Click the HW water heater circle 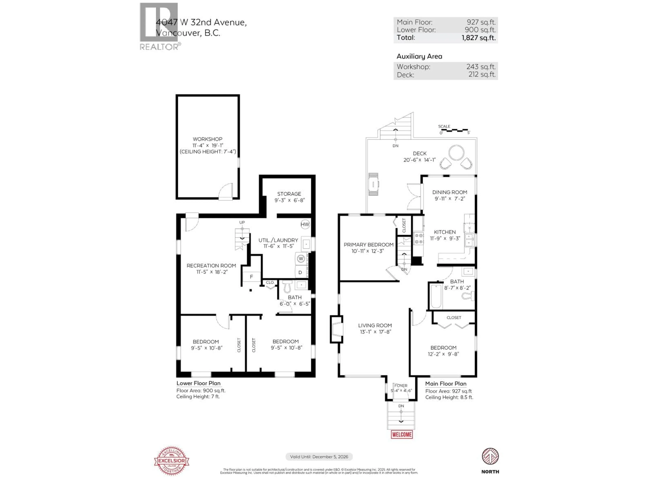pyautogui.click(x=305, y=224)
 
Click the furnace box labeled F pyautogui.click(x=252, y=277)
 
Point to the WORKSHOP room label pyautogui.click(x=207, y=139)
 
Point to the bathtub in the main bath pyautogui.click(x=436, y=296)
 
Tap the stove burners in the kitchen pyautogui.click(x=419, y=239)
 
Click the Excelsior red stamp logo pyautogui.click(x=172, y=461)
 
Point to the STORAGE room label pyautogui.click(x=289, y=194)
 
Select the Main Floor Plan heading pyautogui.click(x=446, y=384)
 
